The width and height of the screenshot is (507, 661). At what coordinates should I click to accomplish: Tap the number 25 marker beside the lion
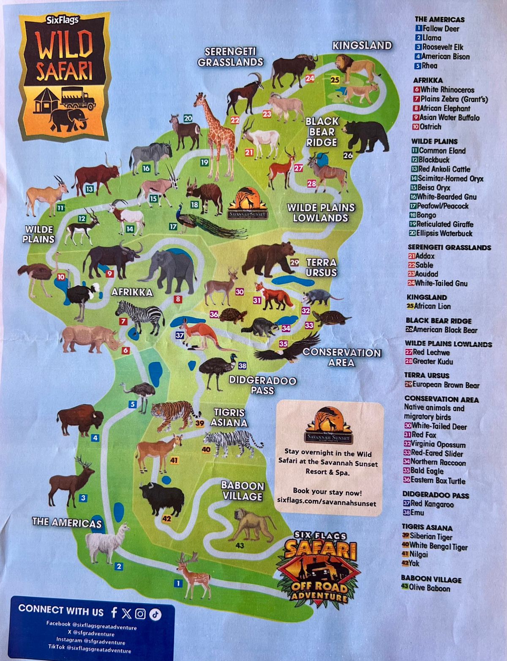coord(335,80)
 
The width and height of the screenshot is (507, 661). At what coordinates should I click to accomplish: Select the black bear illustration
coord(366,135)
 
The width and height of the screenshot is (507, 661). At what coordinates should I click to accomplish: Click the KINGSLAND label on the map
coord(362,46)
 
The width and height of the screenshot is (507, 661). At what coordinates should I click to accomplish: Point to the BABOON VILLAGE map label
coord(243,491)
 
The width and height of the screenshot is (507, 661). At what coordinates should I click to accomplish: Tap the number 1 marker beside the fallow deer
coord(178,584)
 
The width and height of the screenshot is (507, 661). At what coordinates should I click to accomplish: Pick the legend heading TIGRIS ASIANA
coord(427,528)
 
